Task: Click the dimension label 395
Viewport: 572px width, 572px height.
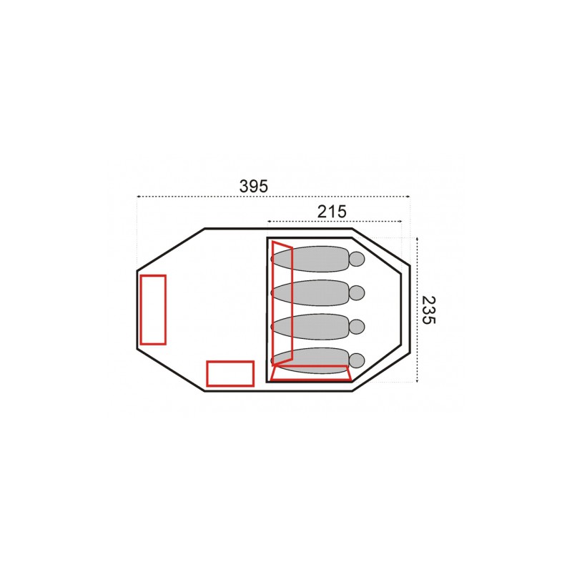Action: [x=254, y=186]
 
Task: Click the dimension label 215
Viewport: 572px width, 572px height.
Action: [x=332, y=211]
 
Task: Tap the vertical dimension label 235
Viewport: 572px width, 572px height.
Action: [x=428, y=310]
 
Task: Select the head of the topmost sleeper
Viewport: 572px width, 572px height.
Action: [x=357, y=259]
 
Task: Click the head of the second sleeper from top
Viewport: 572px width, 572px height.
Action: [x=357, y=292]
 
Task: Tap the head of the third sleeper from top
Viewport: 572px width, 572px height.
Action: [x=357, y=327]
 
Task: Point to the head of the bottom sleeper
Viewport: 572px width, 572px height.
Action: [x=357, y=360]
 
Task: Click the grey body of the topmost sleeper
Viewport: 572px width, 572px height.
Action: [x=310, y=259]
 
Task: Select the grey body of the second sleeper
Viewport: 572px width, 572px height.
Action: [x=310, y=292]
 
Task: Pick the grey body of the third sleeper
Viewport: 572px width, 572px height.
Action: [x=310, y=327]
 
